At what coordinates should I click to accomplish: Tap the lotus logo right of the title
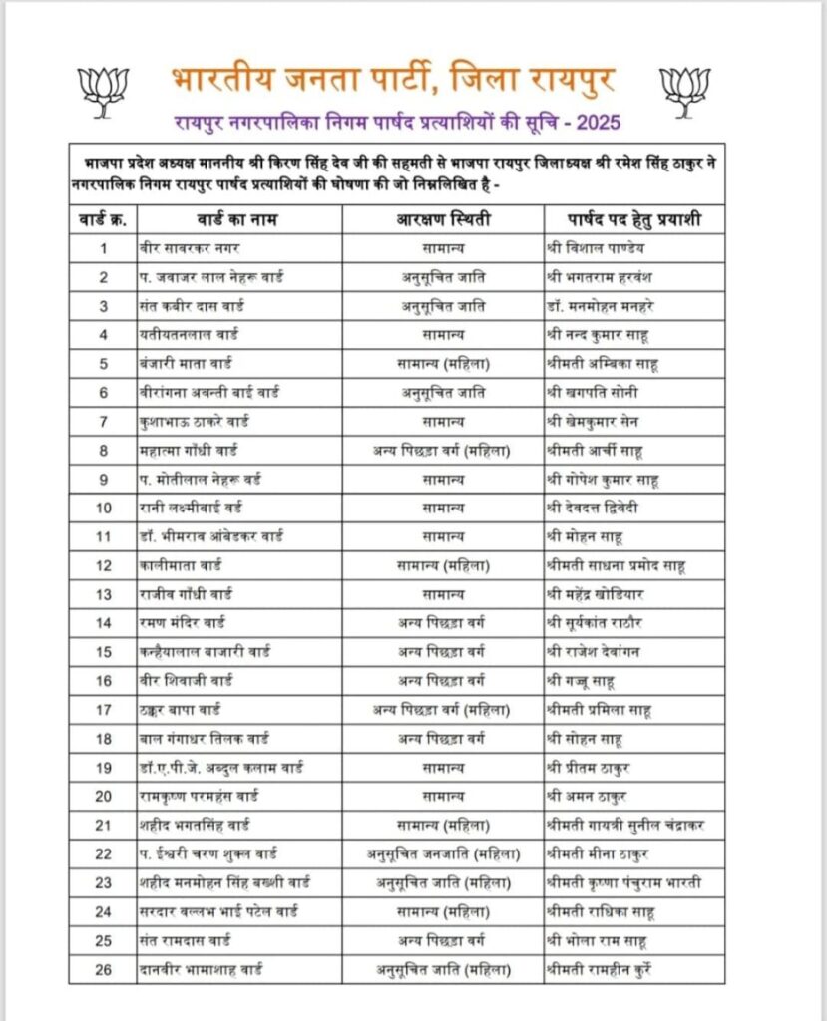684,90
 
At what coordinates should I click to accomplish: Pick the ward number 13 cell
103,594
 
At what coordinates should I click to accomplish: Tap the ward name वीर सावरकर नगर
191,246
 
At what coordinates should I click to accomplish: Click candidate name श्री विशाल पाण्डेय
603,246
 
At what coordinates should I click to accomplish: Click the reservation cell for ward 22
440,853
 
